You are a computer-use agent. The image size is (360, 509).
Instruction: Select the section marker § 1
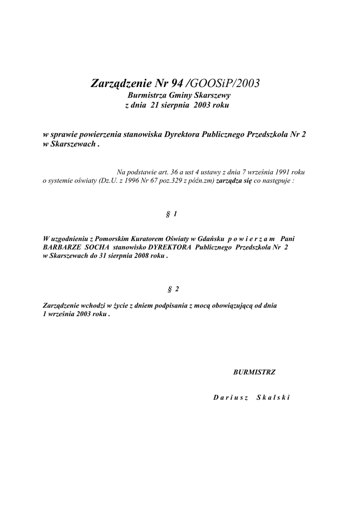pyautogui.click(x=172, y=214)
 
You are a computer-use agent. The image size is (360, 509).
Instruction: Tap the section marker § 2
pyautogui.click(x=173, y=289)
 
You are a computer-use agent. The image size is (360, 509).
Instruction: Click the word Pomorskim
pyautogui.click(x=110, y=239)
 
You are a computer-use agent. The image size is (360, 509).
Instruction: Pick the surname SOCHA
pyautogui.click(x=97, y=247)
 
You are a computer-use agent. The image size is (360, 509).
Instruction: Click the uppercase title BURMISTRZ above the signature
pyautogui.click(x=254, y=371)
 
